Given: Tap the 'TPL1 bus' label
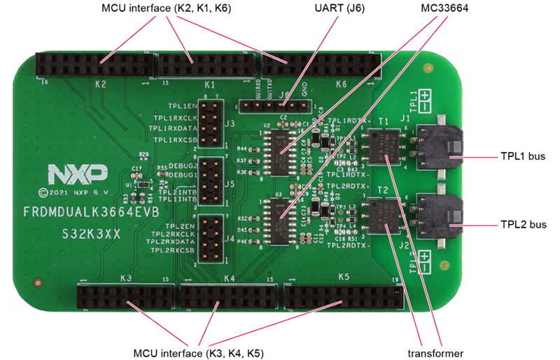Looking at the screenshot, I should point(524,157).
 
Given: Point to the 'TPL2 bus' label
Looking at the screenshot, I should point(524,226).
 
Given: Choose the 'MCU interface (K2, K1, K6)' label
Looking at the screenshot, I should point(167,8).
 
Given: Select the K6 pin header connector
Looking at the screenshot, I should point(322,67).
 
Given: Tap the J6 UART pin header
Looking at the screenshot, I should point(274,106).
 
